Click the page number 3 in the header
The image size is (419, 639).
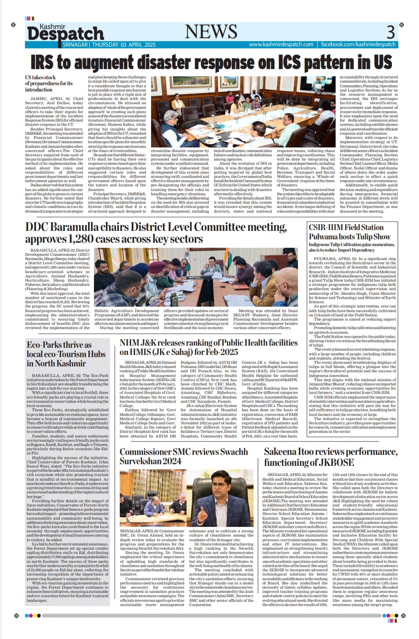point(390,32)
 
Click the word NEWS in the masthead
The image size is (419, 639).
point(211,32)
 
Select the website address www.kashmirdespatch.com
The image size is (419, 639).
point(281,44)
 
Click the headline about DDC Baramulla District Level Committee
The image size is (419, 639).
point(156,233)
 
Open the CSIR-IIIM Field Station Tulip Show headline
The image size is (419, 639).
point(349,232)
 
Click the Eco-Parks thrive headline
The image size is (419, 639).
point(66,354)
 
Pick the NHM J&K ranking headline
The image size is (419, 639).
point(208,347)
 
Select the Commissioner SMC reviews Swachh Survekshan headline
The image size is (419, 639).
point(183,456)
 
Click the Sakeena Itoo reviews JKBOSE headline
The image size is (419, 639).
point(330,456)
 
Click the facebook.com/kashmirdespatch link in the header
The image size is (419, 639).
point(358,44)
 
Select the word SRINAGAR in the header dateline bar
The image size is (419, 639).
point(75,44)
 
